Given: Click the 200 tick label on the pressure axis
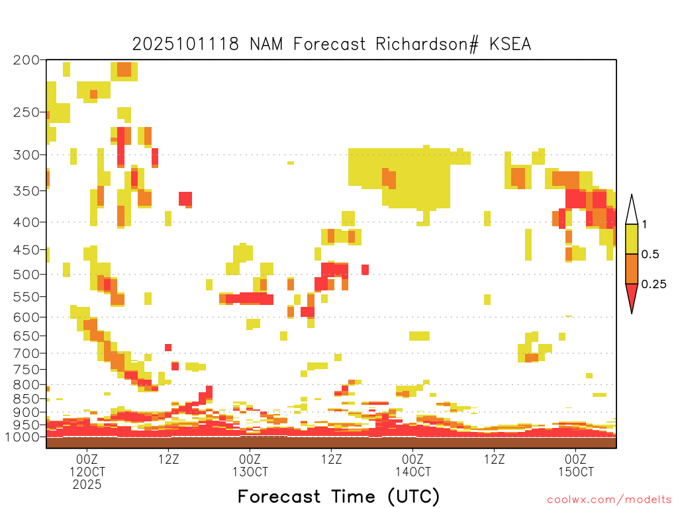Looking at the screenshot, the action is pyautogui.click(x=26, y=60).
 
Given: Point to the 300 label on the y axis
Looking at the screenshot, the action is pyautogui.click(x=26, y=155).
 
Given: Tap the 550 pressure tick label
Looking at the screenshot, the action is pyautogui.click(x=26, y=297).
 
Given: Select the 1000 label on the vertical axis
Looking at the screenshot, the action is pyautogui.click(x=22, y=437).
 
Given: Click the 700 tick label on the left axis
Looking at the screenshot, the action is pyautogui.click(x=26, y=353).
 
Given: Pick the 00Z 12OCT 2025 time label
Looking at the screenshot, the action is pyautogui.click(x=87, y=472).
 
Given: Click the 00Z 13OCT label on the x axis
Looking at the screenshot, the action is pyautogui.click(x=250, y=466).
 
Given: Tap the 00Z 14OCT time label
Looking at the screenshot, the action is pyautogui.click(x=413, y=466).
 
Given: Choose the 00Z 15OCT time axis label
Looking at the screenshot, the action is pyautogui.click(x=576, y=466).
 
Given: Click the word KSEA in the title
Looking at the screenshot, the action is pyautogui.click(x=510, y=44).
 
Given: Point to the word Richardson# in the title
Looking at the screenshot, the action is pyautogui.click(x=427, y=44).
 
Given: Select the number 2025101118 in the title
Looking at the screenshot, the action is pyautogui.click(x=185, y=44).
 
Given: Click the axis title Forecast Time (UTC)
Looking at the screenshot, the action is pyautogui.click(x=338, y=497).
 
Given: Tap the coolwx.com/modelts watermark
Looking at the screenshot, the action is pyautogui.click(x=610, y=500).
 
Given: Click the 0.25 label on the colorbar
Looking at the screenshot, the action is pyautogui.click(x=654, y=284).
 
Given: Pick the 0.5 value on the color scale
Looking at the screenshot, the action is pyautogui.click(x=650, y=255).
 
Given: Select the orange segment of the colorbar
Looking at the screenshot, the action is pyautogui.click(x=632, y=269).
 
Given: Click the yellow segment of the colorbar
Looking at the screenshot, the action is pyautogui.click(x=632, y=239).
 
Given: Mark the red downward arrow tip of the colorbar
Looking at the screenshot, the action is pyautogui.click(x=632, y=313).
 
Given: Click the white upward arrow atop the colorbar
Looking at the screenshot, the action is pyautogui.click(x=632, y=210).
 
